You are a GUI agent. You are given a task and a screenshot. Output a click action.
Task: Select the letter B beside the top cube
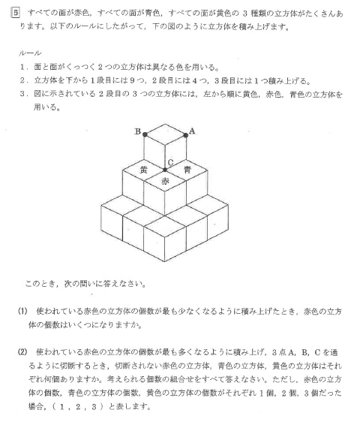coord(137,132)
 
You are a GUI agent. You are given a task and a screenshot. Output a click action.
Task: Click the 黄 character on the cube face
coord(145,170)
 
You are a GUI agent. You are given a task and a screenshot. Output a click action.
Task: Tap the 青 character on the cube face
coord(187,170)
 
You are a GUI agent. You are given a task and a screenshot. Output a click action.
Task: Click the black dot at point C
coord(166,169)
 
